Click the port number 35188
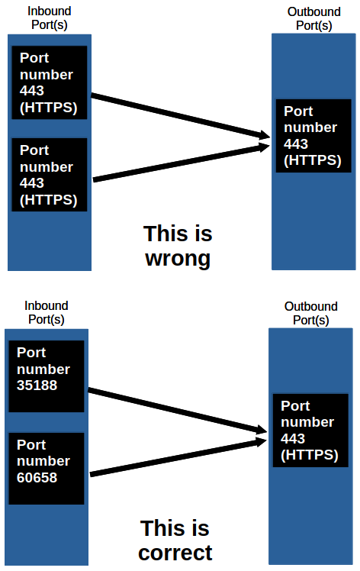(37, 386)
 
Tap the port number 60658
(37, 478)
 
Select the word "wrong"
(178, 259)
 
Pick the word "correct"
(175, 552)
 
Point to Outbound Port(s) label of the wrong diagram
(313, 18)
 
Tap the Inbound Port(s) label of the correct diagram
(46, 312)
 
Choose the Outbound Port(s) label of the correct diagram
(310, 313)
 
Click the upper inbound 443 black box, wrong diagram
(50, 82)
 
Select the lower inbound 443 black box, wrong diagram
(50, 175)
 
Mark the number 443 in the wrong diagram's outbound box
(295, 144)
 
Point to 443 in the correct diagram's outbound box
(293, 439)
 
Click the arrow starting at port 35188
(175, 411)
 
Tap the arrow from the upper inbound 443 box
(179, 117)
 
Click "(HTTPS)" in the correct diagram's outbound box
(310, 455)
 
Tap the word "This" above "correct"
(164, 528)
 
